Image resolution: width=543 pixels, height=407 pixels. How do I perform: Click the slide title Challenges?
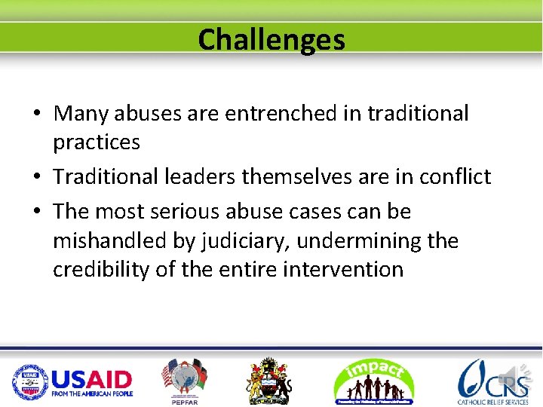coord(271,39)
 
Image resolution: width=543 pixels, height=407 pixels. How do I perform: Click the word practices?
coord(97,142)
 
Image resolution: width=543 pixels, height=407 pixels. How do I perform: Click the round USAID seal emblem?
coord(29,381)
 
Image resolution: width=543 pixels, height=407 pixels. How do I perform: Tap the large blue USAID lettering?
coord(92,378)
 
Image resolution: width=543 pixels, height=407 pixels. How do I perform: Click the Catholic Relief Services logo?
coord(490,381)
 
